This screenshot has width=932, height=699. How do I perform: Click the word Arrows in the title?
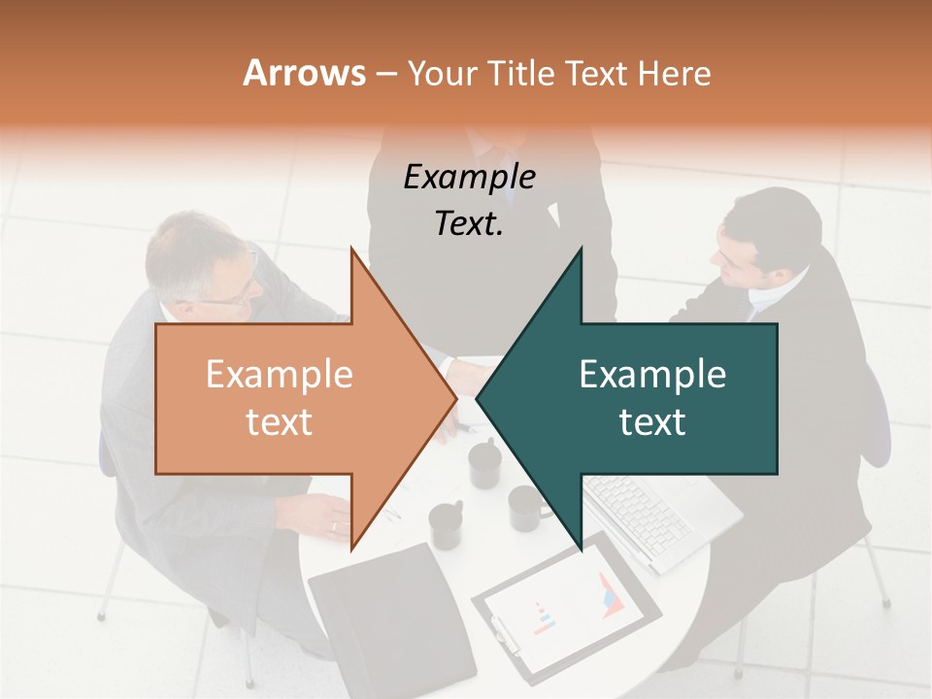click(x=304, y=73)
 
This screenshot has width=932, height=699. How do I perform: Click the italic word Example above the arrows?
click(x=469, y=177)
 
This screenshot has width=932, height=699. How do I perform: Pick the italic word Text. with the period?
click(x=469, y=223)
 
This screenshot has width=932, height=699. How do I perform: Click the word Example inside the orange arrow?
click(x=279, y=374)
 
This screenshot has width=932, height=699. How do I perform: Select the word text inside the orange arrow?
click(x=279, y=421)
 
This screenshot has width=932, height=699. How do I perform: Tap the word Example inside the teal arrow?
click(x=652, y=374)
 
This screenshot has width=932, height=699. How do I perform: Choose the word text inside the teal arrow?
click(x=652, y=421)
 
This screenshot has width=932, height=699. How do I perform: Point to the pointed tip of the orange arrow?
click(x=455, y=396)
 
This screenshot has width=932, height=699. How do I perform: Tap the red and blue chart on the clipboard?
click(x=611, y=593)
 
